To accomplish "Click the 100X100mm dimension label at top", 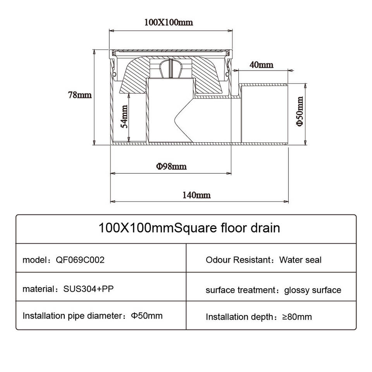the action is [x=169, y=22].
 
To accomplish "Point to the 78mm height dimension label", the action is [x=80, y=95].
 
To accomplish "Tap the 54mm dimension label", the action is [x=124, y=116].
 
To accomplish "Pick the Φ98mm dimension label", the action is [x=171, y=167].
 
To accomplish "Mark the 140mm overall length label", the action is [x=197, y=195].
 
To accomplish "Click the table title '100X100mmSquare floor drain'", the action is [x=189, y=227].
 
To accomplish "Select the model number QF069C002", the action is [x=81, y=260].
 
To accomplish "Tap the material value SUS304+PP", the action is [x=88, y=289].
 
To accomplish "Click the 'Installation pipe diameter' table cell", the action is [x=93, y=316].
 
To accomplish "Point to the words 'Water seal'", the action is [x=300, y=260].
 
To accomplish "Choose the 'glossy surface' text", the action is [x=313, y=290].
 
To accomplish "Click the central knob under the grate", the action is [x=170, y=70].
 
